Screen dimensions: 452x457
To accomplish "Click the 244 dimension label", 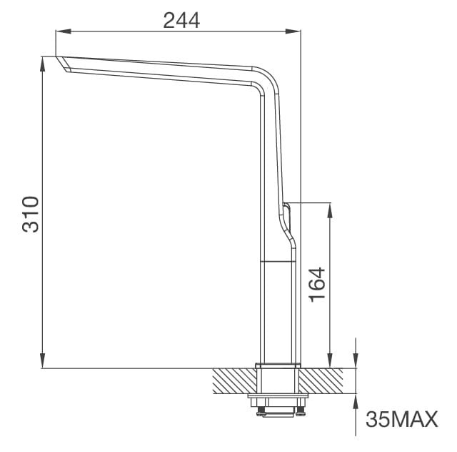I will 181,21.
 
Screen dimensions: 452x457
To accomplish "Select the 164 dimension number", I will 316,284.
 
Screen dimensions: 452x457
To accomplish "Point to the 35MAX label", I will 401,420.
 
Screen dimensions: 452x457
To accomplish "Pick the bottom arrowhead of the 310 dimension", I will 44,363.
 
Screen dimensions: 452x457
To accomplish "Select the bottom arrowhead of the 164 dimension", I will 330,363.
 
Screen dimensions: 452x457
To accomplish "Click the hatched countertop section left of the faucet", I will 234,380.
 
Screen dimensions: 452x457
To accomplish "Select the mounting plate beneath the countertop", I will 277,396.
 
